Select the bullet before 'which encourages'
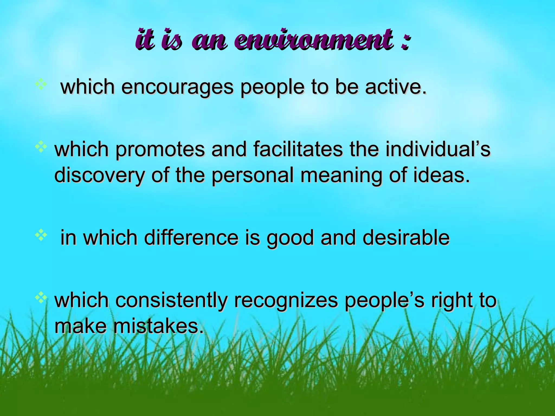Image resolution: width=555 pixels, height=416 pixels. [x=41, y=84]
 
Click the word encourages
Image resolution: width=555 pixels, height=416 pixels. [x=177, y=87]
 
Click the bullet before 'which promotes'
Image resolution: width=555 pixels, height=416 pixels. [x=41, y=147]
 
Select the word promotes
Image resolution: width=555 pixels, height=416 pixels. [x=160, y=149]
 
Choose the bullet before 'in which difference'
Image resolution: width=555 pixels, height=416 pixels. [x=41, y=235]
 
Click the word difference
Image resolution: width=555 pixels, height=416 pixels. [x=191, y=237]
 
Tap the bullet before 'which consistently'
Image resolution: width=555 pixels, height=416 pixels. [x=41, y=297]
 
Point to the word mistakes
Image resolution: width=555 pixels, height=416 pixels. [x=158, y=326]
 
